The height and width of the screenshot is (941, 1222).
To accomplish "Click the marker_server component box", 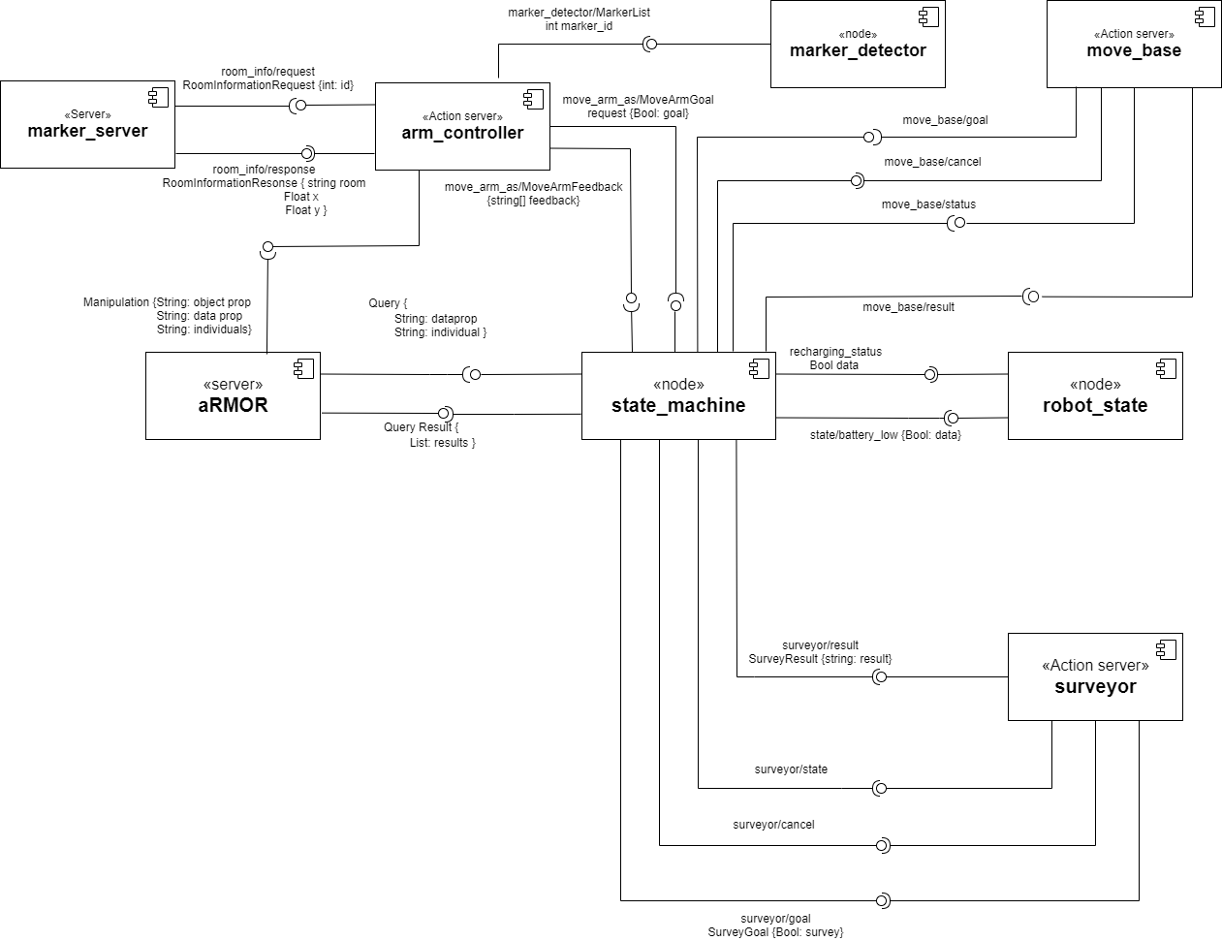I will (x=87, y=124).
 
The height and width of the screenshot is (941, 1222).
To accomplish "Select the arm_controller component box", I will (x=462, y=126).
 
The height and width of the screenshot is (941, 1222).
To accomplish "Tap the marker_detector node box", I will (x=858, y=45).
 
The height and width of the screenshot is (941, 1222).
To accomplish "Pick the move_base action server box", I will (x=1134, y=45).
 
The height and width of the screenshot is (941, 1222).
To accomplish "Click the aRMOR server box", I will (x=233, y=395).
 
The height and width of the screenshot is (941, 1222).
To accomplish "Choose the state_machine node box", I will (x=678, y=395).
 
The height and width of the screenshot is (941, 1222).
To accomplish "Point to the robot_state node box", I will (x=1095, y=395).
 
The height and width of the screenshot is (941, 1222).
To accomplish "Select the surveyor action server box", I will (x=1095, y=676).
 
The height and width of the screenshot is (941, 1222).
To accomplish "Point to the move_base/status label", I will (x=928, y=204).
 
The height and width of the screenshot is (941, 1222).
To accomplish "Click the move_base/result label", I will (x=908, y=307).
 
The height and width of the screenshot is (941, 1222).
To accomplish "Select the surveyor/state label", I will (x=791, y=769).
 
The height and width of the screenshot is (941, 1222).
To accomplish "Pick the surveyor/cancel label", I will (x=773, y=825).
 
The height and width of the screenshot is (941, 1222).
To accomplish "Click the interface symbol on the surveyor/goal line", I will (x=882, y=901).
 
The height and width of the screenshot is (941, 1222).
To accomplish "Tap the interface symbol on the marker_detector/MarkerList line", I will (x=651, y=44).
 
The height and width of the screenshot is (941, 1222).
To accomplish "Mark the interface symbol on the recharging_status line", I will (x=930, y=374).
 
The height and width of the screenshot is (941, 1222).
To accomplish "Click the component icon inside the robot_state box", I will (x=1166, y=368).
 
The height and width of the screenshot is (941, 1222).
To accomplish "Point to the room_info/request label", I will (x=267, y=72).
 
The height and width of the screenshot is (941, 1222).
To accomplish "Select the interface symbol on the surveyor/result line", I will (x=879, y=677).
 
